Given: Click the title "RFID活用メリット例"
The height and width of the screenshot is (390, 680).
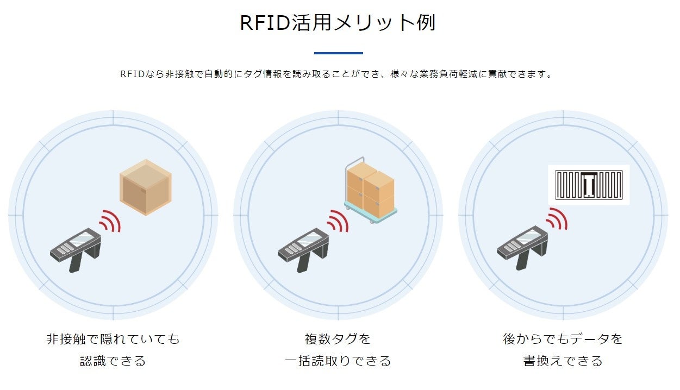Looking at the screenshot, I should (x=338, y=23).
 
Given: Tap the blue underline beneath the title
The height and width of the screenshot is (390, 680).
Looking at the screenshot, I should (x=338, y=53).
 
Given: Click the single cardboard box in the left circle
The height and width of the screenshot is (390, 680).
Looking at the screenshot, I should (x=145, y=187).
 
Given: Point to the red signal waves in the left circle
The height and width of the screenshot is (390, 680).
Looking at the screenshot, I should (x=110, y=220).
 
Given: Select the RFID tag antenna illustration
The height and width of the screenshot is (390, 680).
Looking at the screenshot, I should (x=588, y=185).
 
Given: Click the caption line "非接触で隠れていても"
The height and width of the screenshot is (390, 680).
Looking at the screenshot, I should (x=113, y=339).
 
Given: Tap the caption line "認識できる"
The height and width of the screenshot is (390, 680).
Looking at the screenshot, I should (x=113, y=361).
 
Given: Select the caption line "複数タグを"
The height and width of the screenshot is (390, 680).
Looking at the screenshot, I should (x=338, y=339).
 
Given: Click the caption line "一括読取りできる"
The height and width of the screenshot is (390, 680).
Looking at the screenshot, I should (x=338, y=361).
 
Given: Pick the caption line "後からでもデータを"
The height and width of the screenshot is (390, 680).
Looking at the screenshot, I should (x=563, y=339).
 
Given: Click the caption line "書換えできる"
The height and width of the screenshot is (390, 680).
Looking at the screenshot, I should (x=563, y=361).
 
